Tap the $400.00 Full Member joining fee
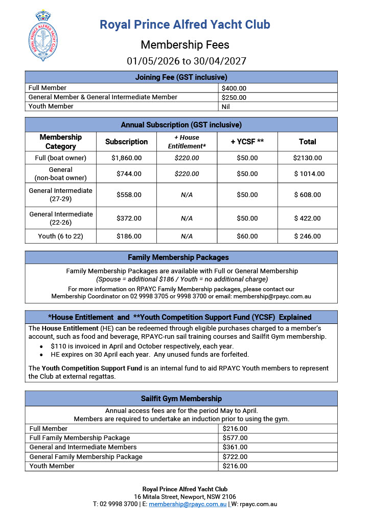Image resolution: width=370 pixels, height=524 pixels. (234, 88)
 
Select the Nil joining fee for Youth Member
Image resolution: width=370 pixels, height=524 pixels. (226, 106)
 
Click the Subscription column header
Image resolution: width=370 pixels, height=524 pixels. (126, 142)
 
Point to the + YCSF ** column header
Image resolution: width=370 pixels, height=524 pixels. (247, 142)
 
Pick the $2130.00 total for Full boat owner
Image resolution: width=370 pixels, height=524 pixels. (308, 158)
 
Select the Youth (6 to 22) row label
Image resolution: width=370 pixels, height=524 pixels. (60, 236)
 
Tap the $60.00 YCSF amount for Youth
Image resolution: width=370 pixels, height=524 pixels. (247, 236)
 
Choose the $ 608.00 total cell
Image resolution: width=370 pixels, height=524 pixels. (308, 195)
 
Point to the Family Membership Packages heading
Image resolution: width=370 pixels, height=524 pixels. (181, 257)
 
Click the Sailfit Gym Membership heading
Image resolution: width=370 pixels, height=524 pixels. (181, 399)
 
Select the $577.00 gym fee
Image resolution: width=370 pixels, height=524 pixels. (235, 438)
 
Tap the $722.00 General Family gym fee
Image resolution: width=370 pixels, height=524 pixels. (235, 456)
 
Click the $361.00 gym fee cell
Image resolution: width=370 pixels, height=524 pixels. (235, 447)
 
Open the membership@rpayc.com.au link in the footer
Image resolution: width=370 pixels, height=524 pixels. (188, 505)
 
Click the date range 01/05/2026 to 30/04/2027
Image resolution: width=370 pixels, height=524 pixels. (186, 61)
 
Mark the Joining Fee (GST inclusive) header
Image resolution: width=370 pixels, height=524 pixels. (181, 77)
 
